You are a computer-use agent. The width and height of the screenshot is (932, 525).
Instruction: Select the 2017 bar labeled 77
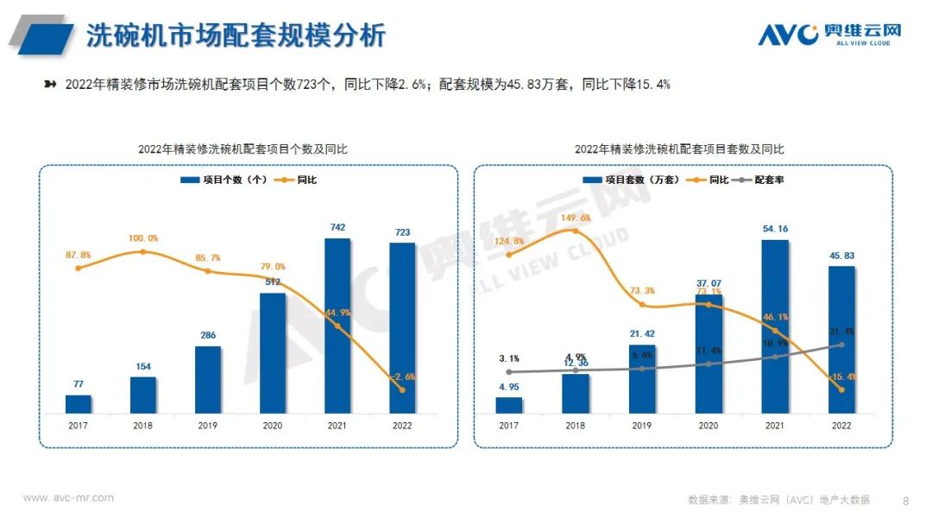pyautogui.click(x=79, y=404)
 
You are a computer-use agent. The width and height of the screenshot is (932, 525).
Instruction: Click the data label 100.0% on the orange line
pyautogui.click(x=142, y=238)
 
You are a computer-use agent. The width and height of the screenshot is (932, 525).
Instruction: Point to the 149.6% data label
pyautogui.click(x=575, y=218)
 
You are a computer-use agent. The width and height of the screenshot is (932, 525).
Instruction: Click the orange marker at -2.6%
pyautogui.click(x=402, y=389)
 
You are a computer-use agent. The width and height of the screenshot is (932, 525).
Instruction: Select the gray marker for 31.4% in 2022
pyautogui.click(x=841, y=345)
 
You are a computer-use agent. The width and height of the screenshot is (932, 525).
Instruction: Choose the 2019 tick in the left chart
pyautogui.click(x=208, y=425)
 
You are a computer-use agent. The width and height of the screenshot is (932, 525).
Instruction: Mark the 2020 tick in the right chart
pyautogui.click(x=708, y=425)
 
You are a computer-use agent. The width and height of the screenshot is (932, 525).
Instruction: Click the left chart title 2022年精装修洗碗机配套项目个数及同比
pyautogui.click(x=249, y=149)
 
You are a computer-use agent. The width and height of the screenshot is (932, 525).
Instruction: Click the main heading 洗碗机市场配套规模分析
pyautogui.click(x=236, y=35)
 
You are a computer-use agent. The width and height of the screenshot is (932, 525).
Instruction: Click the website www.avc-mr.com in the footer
pyautogui.click(x=68, y=498)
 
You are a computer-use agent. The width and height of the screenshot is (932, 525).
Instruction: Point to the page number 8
pyautogui.click(x=905, y=500)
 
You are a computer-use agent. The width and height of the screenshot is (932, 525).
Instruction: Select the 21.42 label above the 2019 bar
pyautogui.click(x=641, y=332)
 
